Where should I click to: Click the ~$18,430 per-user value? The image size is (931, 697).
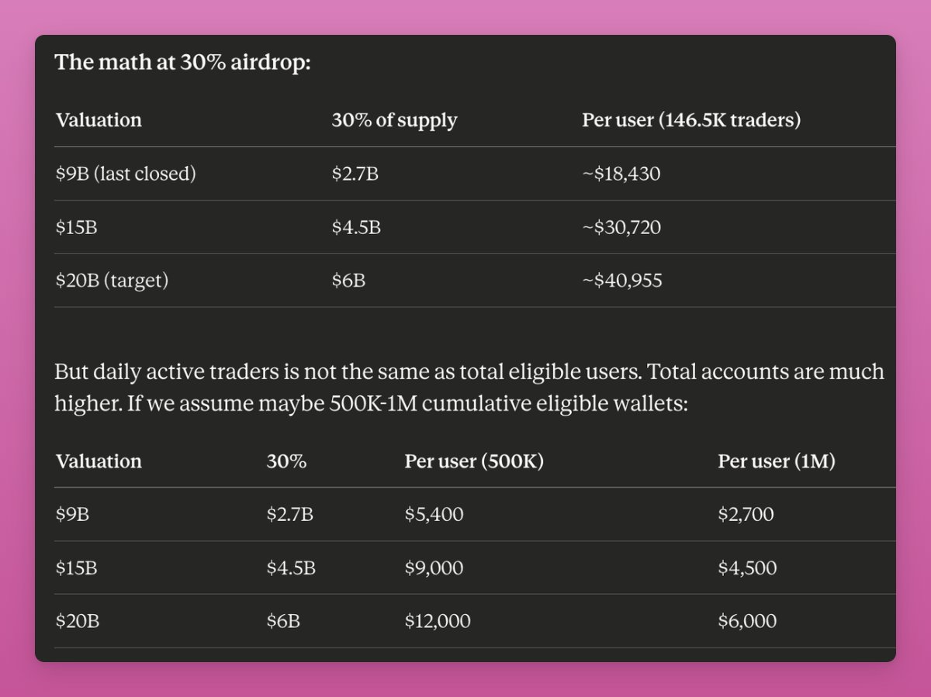pos(621,174)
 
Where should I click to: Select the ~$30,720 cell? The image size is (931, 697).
pos(621,228)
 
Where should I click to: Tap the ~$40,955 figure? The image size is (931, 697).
pos(622,281)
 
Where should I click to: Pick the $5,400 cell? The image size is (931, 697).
pos(434,514)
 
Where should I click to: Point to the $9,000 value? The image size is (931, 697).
pos(434,568)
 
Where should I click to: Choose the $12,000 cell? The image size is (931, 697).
pos(437,621)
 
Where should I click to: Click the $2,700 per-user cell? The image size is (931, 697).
pos(746,514)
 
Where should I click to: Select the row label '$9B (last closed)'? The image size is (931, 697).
pos(126,174)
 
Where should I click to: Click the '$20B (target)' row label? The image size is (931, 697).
pos(112,281)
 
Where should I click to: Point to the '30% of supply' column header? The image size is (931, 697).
pos(394,120)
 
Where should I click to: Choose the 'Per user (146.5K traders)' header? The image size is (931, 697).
pos(691,120)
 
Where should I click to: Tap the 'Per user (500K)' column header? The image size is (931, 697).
pos(474,461)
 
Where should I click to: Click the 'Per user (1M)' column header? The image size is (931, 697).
pos(777,461)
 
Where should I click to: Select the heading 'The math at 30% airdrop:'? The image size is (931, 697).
pos(182,62)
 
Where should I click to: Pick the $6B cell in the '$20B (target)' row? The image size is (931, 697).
pos(348,281)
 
